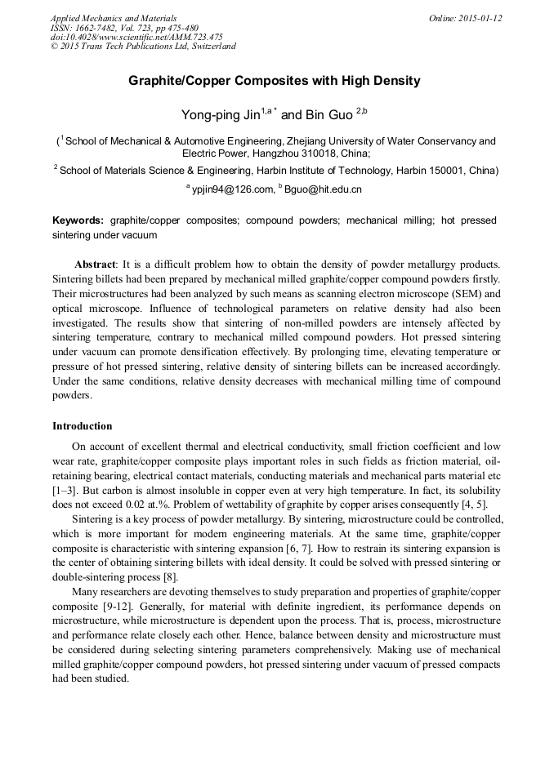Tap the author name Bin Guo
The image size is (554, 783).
pos(329,114)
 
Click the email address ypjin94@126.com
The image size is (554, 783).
pos(233,189)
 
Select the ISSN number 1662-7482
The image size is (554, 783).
pos(87,28)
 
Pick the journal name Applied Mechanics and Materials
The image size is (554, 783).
pos(114,18)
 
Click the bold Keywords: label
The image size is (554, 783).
pos(78,220)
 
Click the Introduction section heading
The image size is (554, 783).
pos(82,426)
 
